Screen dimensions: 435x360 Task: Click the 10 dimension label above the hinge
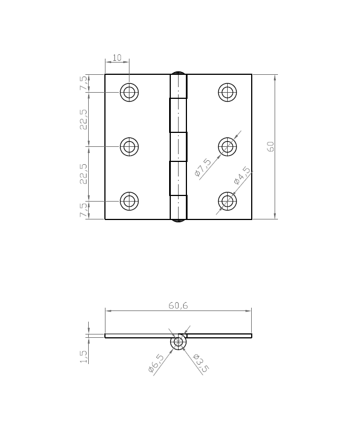coord(117,57)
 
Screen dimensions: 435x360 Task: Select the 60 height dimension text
coord(271,146)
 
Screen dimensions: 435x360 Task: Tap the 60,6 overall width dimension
coord(178,305)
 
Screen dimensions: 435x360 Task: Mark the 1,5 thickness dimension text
coord(83,357)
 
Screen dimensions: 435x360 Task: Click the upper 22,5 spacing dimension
coord(83,119)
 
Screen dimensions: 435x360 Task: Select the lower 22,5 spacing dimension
coord(83,174)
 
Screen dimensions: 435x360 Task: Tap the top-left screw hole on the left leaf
coord(129,92)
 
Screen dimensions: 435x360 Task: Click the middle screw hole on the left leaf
coord(129,147)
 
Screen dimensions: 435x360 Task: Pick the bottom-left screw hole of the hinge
coord(129,201)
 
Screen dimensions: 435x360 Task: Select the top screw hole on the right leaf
coord(227,92)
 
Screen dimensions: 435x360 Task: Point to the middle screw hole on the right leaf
coord(227,147)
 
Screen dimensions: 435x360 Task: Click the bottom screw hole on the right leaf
coord(227,201)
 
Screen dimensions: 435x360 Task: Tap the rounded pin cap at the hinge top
coord(178,72)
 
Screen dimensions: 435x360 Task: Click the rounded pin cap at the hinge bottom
coord(178,221)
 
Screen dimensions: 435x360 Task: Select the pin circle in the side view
coord(178,342)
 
